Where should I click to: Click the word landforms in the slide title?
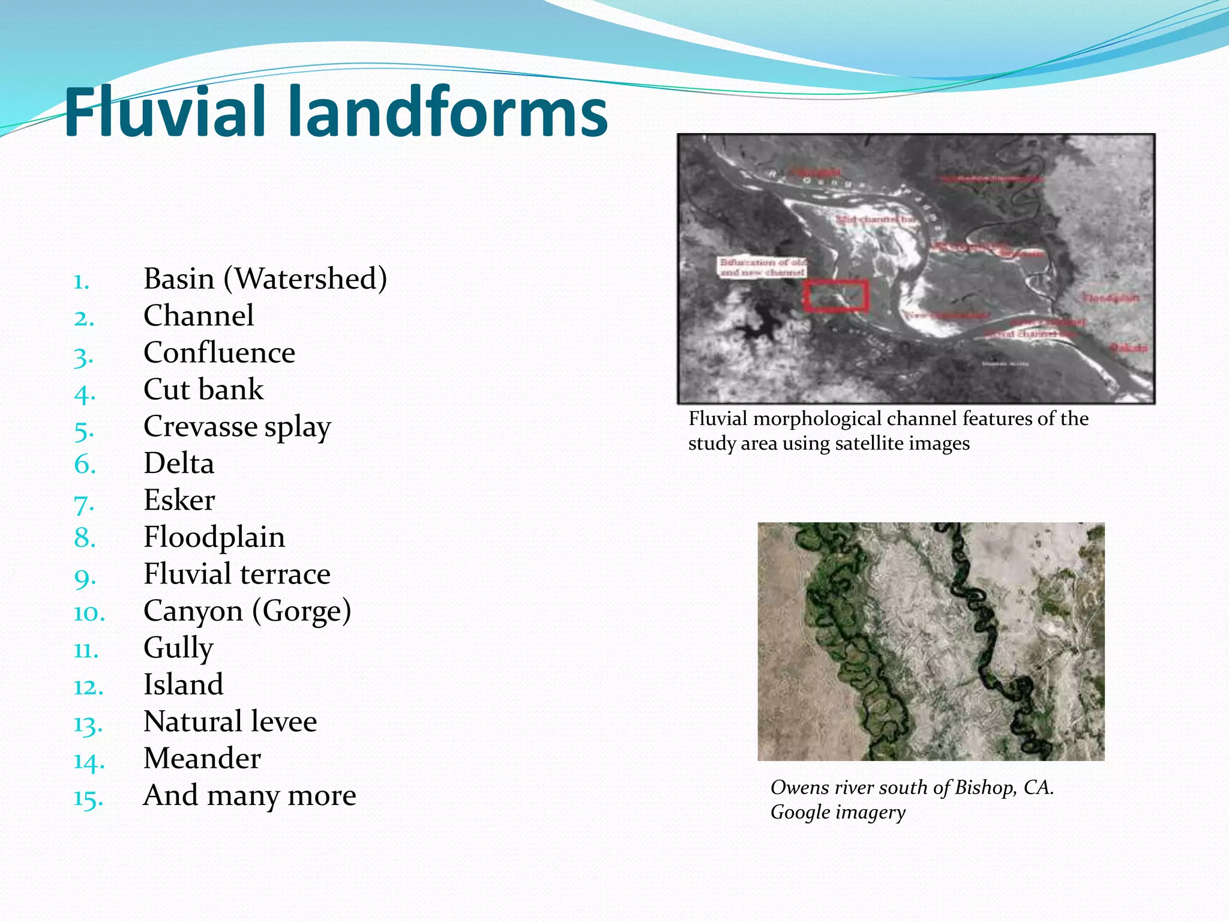tap(448, 112)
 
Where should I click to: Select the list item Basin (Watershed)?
tap(265, 279)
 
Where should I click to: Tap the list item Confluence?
tap(219, 353)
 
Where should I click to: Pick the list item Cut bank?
tap(203, 390)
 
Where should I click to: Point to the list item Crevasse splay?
tap(237, 427)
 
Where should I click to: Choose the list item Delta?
tap(179, 463)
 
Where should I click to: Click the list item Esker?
tap(179, 501)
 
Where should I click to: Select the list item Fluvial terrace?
tap(237, 574)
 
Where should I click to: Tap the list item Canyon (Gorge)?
tap(247, 611)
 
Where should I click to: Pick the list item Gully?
tap(178, 648)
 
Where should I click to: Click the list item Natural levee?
tap(230, 722)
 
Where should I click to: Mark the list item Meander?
tap(202, 759)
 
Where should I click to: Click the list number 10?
tap(89, 613)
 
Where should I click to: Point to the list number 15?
tap(88, 798)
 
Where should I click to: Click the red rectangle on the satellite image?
tap(836, 295)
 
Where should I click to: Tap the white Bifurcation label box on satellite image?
tap(763, 267)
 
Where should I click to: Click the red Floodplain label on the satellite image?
tap(1110, 298)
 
